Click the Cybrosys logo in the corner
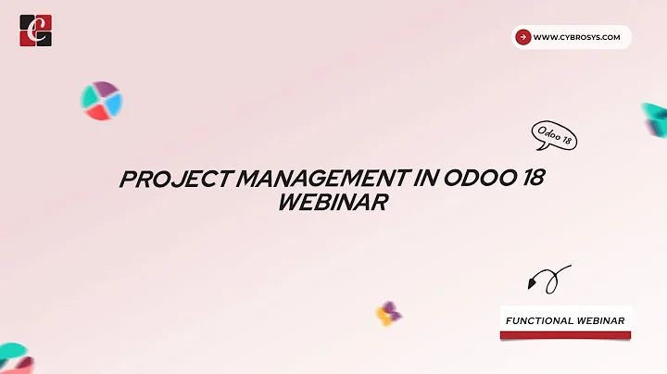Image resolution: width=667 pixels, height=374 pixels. coord(35,31)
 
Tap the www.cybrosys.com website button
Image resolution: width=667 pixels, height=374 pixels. coord(572,37)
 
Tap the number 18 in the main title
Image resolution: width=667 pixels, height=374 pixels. coord(530,180)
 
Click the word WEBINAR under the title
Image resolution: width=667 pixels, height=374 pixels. coord(332,203)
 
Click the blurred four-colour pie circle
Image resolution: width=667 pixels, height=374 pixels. coord(101,101)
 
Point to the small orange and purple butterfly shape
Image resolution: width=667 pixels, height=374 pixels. coord(388,314)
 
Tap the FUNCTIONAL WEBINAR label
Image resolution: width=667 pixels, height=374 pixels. coord(565,320)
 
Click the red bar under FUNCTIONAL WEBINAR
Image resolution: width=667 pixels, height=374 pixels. coord(565,334)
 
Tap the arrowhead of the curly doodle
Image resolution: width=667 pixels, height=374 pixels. coord(534,283)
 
